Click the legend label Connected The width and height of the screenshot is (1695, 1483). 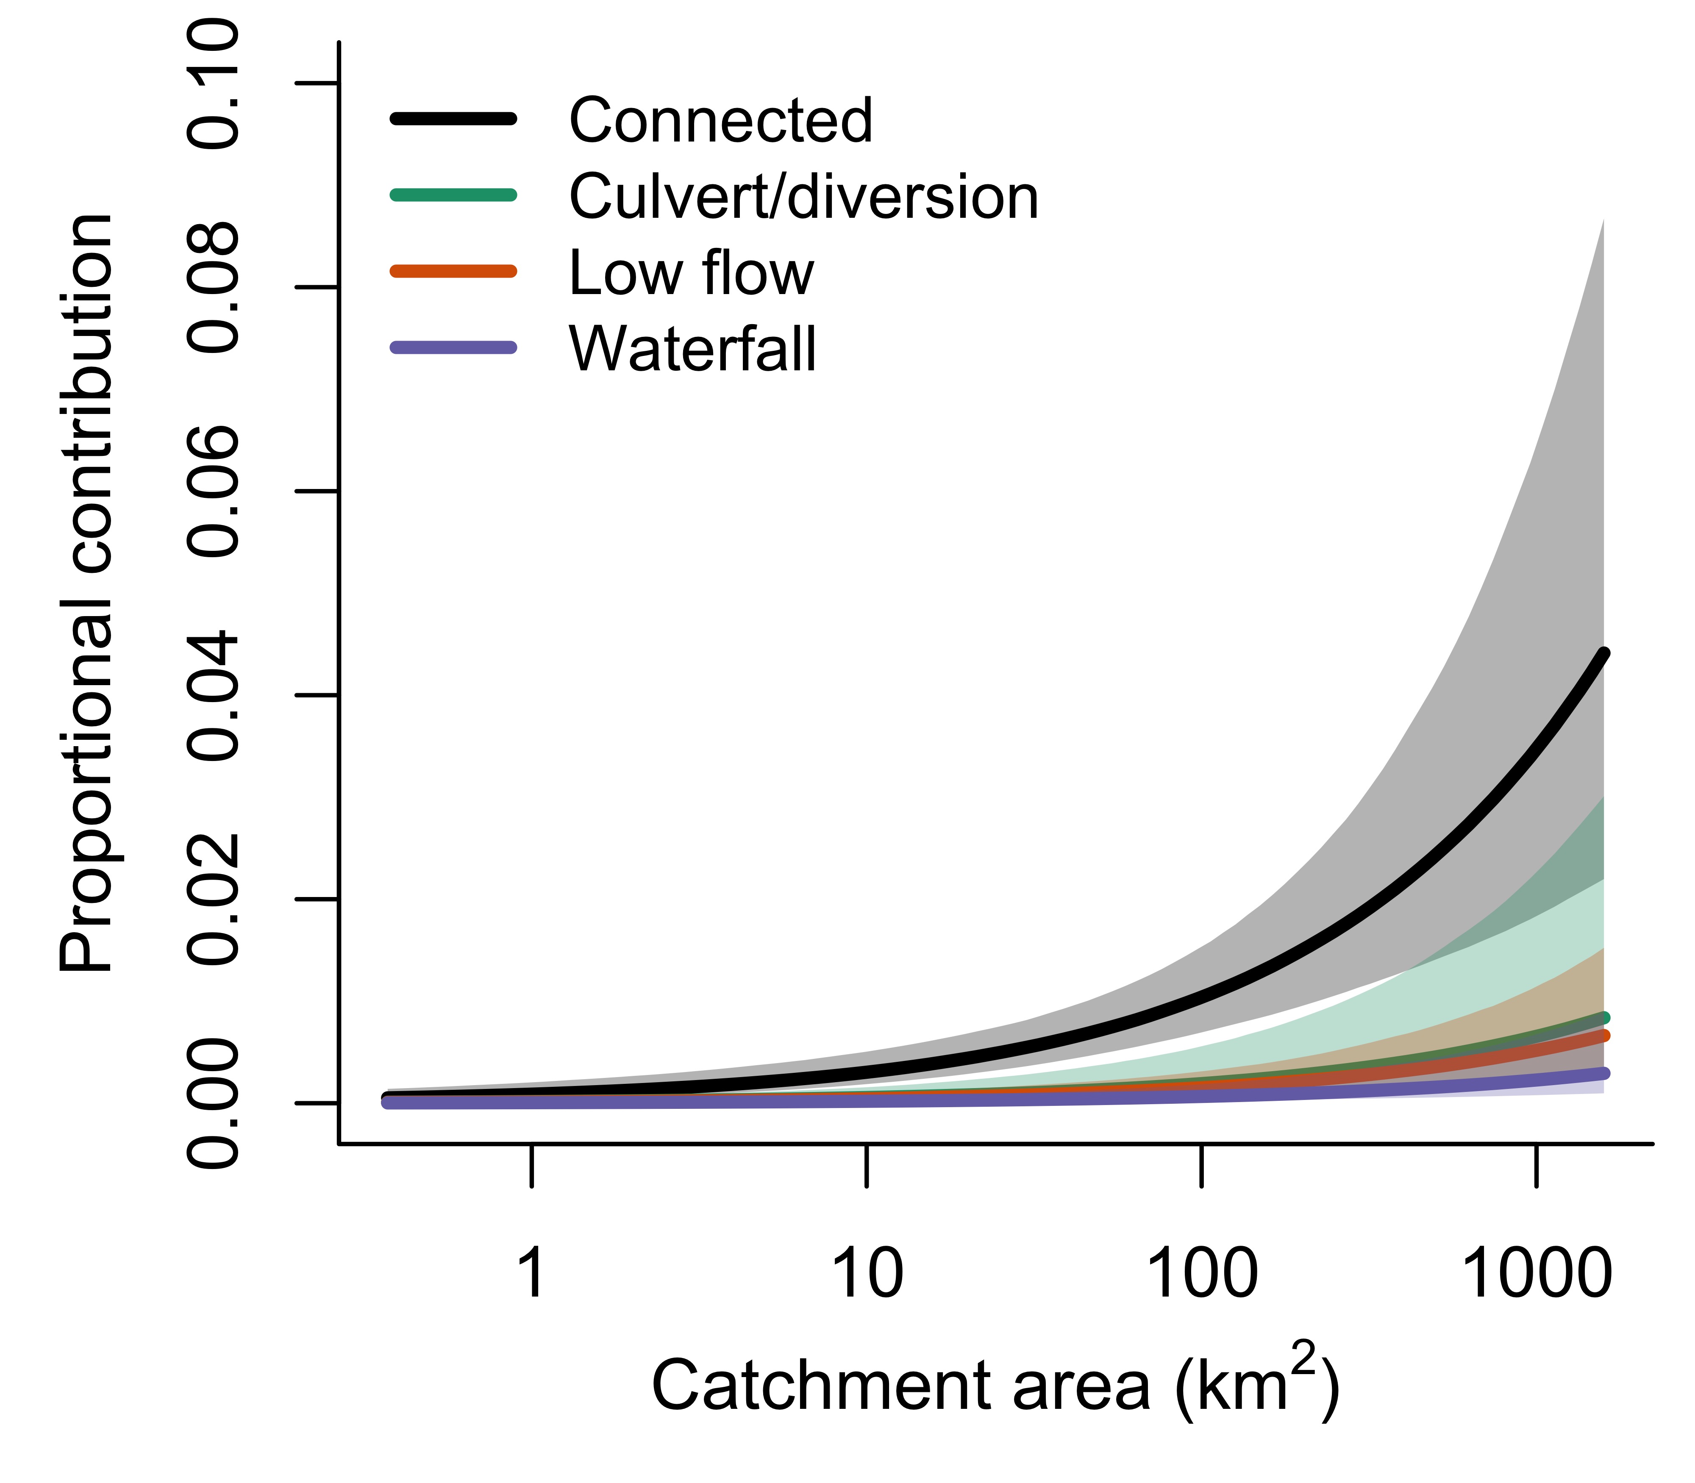coord(720,121)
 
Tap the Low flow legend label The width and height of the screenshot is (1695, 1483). coord(691,273)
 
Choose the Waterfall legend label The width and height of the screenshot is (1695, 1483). coord(693,349)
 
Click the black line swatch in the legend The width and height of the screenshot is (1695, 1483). coord(453,119)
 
